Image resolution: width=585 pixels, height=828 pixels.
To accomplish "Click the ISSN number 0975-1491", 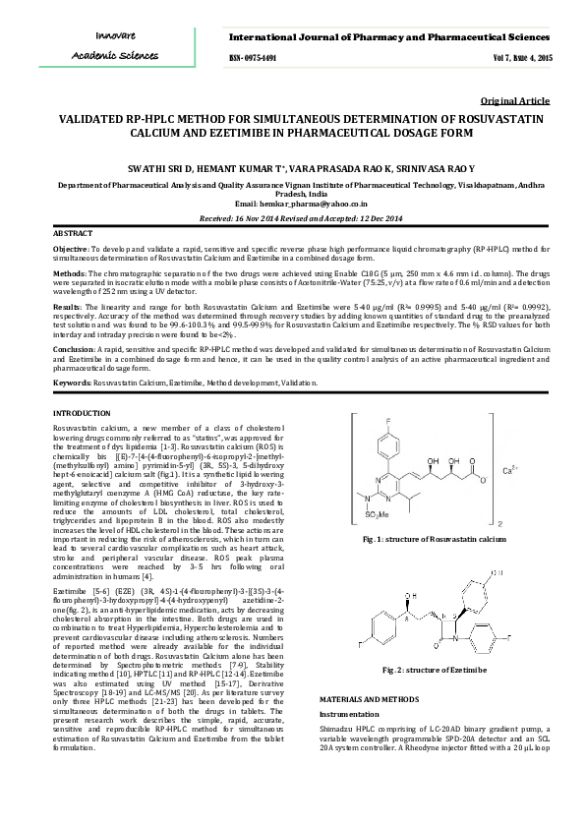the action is click(253, 59).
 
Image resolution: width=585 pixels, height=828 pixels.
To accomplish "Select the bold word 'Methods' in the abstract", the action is click(68, 278).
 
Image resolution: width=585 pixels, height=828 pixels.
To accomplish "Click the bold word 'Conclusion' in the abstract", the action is click(74, 350).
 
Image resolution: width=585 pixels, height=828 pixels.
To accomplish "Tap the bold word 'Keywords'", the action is click(71, 381).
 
